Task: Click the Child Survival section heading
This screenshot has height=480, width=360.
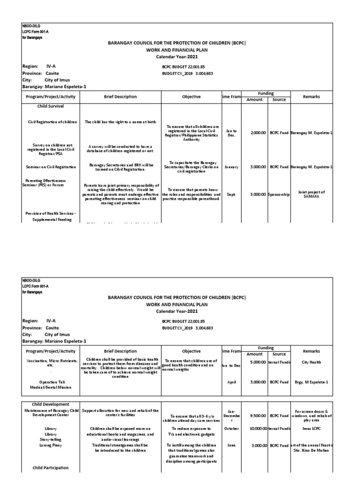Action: click(51, 107)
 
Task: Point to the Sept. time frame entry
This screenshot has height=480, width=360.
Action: click(231, 194)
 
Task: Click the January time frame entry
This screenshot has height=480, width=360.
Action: click(231, 167)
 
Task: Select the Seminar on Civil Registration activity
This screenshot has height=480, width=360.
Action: click(51, 167)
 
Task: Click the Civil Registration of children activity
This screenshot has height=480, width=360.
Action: click(52, 122)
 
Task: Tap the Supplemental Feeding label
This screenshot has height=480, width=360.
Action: click(52, 220)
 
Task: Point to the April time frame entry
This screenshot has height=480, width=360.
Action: click(231, 382)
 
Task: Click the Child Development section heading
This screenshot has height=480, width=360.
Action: click(51, 404)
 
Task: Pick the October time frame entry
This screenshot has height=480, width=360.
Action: click(231, 429)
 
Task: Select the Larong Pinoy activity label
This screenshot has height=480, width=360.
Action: click(51, 445)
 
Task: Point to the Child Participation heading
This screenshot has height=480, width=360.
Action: click(51, 468)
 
